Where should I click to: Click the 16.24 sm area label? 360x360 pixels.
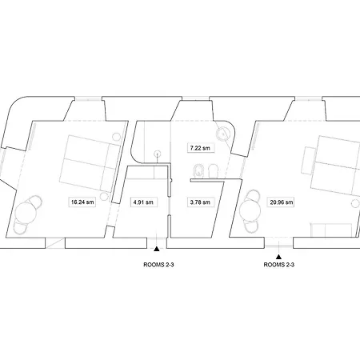[82, 202]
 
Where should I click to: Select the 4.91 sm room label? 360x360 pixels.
[143, 202]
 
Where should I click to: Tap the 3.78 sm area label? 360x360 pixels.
[200, 202]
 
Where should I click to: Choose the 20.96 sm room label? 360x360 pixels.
[282, 202]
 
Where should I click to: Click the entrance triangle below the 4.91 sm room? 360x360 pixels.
[157, 249]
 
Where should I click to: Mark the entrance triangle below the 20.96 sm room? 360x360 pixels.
[278, 257]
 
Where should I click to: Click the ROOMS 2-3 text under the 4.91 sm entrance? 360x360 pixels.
[158, 265]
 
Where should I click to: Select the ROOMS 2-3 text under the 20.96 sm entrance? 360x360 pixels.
[279, 265]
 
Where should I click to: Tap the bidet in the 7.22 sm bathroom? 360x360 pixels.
[198, 171]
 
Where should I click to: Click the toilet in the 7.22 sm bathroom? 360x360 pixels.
[213, 171]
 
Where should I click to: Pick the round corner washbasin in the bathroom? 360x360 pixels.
[222, 133]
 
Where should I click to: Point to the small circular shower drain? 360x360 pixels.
[158, 154]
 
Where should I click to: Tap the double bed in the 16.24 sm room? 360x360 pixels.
[90, 163]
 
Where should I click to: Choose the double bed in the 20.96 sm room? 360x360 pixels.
[335, 166]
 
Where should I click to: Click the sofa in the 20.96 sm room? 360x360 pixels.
[330, 230]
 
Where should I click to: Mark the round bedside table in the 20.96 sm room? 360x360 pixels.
[355, 203]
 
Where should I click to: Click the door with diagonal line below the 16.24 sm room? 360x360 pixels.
[55, 243]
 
